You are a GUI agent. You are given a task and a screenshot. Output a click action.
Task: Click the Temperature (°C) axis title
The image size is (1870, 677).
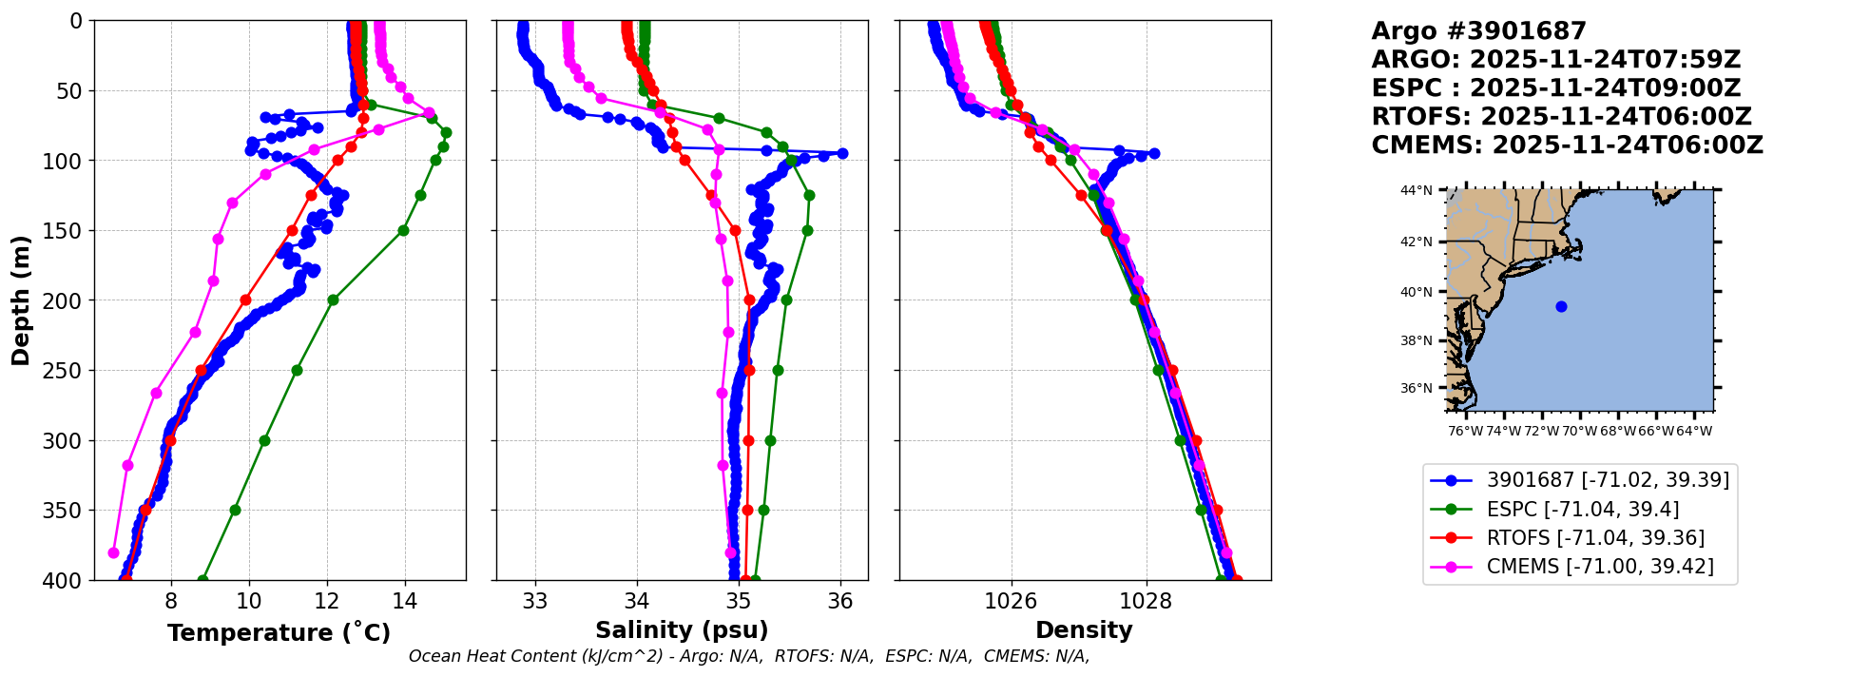[279, 632]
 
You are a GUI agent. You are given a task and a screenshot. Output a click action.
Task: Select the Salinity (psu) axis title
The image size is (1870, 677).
[682, 629]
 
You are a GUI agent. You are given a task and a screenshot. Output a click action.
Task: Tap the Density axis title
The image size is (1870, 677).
[1084, 629]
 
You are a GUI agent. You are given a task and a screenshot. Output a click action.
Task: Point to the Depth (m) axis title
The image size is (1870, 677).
[21, 300]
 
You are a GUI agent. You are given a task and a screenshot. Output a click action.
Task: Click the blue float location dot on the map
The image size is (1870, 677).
[1561, 306]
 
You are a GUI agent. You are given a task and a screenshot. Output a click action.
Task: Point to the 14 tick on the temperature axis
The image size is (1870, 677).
[405, 601]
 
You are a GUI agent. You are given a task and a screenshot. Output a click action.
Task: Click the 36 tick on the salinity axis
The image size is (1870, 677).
[840, 601]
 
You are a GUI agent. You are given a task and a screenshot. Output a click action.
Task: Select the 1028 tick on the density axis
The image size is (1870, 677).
[1146, 601]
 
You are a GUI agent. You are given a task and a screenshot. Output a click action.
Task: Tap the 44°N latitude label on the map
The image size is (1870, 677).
[1416, 191]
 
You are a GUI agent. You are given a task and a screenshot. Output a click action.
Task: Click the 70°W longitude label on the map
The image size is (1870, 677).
[1579, 431]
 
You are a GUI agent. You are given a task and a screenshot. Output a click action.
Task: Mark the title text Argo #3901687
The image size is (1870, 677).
[1478, 31]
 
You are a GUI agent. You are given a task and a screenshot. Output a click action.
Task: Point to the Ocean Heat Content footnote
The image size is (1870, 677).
[749, 656]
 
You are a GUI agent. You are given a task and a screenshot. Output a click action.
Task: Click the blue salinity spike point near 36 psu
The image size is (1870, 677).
[841, 153]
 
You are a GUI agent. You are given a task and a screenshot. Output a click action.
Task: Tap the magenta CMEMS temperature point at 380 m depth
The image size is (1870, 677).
[114, 552]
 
